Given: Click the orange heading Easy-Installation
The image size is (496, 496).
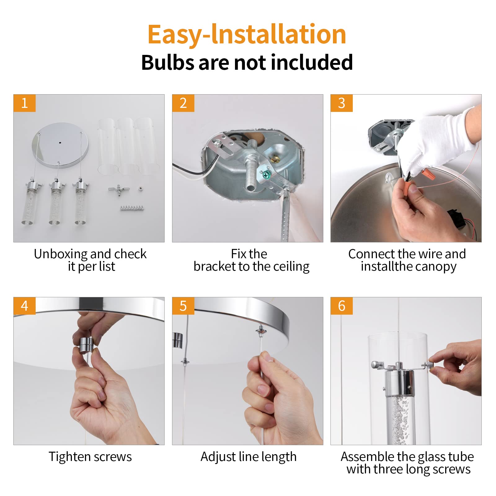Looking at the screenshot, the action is click(247, 35).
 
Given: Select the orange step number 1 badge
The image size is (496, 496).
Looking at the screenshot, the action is click(24, 103).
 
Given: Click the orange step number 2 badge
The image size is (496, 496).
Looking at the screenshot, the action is click(183, 103).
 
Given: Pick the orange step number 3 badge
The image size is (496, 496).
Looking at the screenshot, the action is click(342, 103).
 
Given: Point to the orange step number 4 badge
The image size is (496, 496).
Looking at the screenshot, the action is click(24, 306).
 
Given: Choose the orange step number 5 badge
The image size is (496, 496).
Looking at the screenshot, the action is click(183, 306).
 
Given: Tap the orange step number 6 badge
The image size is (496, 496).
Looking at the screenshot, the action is click(342, 306).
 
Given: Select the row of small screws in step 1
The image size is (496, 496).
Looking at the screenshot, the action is click(132, 208).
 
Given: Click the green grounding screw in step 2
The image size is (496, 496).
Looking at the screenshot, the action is click(266, 175).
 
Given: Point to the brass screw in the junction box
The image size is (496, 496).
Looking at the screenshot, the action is click(275, 159).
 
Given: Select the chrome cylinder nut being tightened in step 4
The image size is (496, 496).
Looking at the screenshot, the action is click(86, 344).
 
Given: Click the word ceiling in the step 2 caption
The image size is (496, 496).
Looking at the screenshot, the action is click(291, 267).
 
